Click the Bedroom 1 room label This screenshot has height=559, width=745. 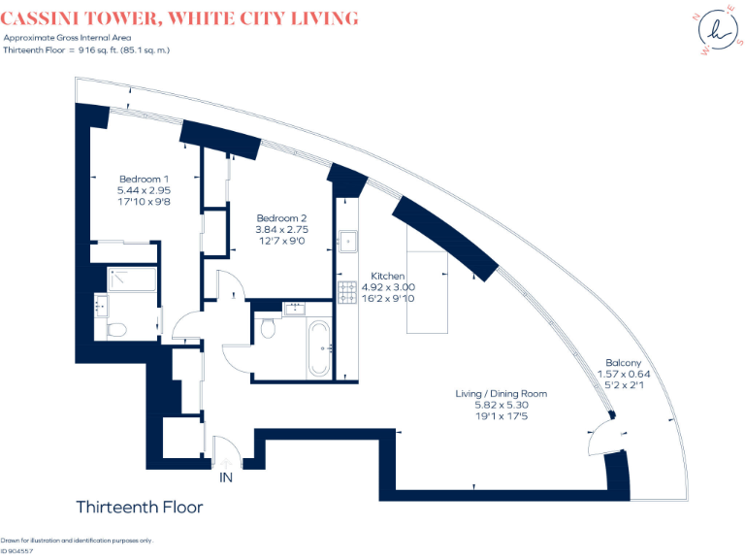(x=144, y=179)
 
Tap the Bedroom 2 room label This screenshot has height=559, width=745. (x=281, y=217)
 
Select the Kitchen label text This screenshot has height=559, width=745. (x=388, y=277)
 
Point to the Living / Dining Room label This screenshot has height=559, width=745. (x=502, y=394)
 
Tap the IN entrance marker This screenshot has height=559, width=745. (x=226, y=477)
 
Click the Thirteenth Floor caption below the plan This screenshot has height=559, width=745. (x=139, y=507)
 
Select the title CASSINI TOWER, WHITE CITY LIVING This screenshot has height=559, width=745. (x=179, y=18)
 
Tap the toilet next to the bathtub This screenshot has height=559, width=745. (x=269, y=330)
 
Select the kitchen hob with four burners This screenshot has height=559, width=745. (x=346, y=292)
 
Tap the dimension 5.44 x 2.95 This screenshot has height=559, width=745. (x=144, y=191)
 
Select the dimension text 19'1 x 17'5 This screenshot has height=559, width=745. (x=502, y=416)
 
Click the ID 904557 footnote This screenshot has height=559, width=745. (x=16, y=550)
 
